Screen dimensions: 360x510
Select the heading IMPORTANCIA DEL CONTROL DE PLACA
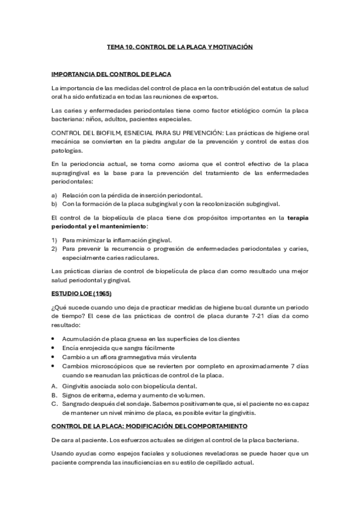[111, 75]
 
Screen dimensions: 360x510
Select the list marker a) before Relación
[55, 195]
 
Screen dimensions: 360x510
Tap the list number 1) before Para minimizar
[55, 239]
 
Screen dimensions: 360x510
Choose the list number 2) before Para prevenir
[55, 248]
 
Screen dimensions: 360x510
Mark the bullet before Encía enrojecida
[54, 348]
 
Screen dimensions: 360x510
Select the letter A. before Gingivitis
[55, 386]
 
